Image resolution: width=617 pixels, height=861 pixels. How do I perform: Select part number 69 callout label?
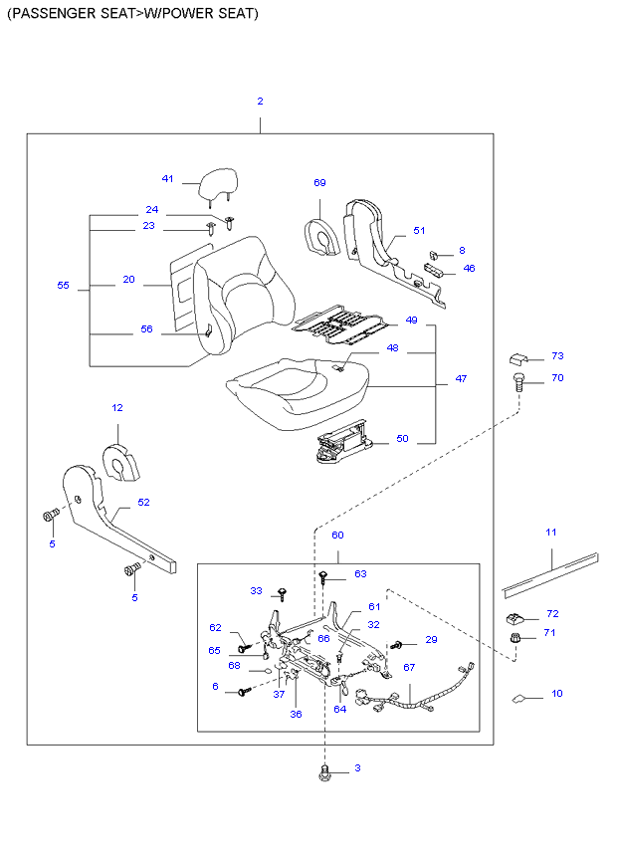tap(319, 183)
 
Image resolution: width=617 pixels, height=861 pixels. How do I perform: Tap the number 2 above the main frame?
tap(260, 102)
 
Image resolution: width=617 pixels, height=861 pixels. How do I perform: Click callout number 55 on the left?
tap(64, 286)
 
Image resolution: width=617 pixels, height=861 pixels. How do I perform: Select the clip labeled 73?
tap(518, 358)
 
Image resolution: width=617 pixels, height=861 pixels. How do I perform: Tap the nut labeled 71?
tap(515, 636)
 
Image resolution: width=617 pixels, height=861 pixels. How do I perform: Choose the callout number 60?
tap(337, 536)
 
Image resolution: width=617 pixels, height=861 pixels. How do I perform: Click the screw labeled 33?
tap(282, 594)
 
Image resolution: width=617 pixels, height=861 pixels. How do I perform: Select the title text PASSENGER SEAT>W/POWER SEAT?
tap(131, 14)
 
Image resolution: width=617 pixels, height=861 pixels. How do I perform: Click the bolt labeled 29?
tap(397, 645)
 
